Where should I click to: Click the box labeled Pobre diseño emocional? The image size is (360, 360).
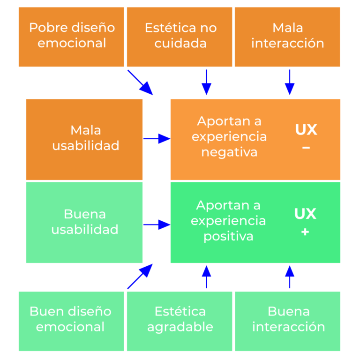pos(71,37)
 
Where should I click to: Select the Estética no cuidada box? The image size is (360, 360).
pos(180,37)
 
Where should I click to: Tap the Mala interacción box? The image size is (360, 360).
pos(287,37)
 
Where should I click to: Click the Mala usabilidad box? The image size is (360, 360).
pos(84,139)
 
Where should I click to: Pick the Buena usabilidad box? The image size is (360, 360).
pos(84,222)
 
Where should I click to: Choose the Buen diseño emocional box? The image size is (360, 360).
pos(71,321)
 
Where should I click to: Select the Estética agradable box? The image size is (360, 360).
pos(180,321)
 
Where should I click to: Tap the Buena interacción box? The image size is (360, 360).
pos(287,321)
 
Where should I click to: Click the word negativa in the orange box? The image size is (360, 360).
pos(229,152)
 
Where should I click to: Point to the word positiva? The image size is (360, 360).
pos(228,236)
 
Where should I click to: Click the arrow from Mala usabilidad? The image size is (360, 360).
pos(157,139)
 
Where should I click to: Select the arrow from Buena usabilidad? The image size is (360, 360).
pos(157,225)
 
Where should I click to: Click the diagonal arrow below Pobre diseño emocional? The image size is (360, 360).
pos(140,82)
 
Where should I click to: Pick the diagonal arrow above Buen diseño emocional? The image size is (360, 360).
pos(140,276)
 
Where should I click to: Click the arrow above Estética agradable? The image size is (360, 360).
pos(206,277)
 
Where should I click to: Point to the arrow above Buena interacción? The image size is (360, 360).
pos(290,277)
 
